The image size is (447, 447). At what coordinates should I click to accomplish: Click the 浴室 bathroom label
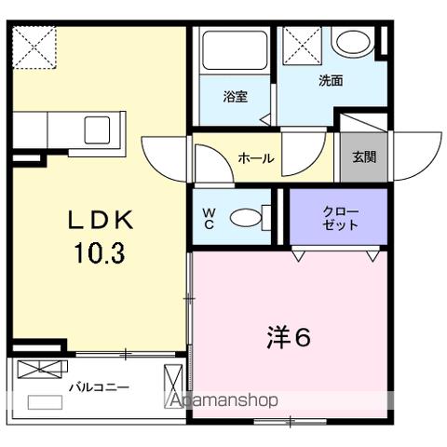pyautogui.click(x=235, y=96)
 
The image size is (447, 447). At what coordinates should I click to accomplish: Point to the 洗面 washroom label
pyautogui.click(x=330, y=81)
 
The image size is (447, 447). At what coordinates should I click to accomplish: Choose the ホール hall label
pyautogui.click(x=256, y=158)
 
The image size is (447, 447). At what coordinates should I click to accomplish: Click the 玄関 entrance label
pyautogui.click(x=364, y=156)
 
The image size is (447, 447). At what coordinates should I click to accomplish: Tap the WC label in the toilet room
pyautogui.click(x=209, y=218)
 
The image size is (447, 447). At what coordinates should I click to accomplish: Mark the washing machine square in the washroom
pyautogui.click(x=303, y=45)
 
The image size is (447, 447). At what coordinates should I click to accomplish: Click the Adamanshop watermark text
pyautogui.click(x=223, y=401)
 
